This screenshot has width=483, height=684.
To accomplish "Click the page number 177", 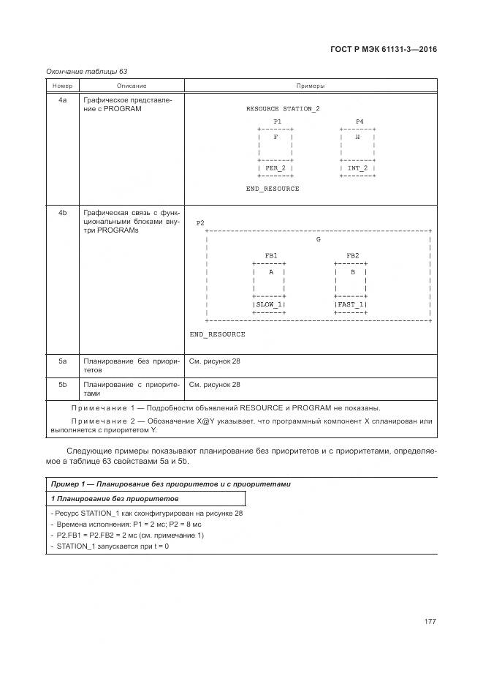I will [x=430, y=621].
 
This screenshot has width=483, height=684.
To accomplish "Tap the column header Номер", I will [x=62, y=86].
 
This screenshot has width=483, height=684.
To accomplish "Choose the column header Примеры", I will [x=311, y=86].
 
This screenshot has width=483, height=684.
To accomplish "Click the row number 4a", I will [x=62, y=99].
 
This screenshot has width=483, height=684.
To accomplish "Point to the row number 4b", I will [x=62, y=213].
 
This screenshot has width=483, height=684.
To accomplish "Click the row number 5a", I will [x=62, y=361].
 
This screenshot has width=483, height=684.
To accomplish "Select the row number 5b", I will [x=62, y=384].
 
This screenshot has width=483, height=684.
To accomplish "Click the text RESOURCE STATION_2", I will [x=283, y=108].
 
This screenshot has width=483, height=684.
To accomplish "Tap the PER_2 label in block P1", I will [x=275, y=168].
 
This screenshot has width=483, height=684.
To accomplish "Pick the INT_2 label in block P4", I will [x=357, y=168].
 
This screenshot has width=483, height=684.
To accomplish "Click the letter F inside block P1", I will [x=275, y=137].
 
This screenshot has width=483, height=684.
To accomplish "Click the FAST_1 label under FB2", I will [x=351, y=304].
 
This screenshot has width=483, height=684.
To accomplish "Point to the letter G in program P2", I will [x=318, y=239].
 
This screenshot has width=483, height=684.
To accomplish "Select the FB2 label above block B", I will [x=352, y=255].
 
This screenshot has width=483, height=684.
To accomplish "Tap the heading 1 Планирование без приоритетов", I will [x=115, y=498].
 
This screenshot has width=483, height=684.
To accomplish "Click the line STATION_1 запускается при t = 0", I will [x=110, y=546].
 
